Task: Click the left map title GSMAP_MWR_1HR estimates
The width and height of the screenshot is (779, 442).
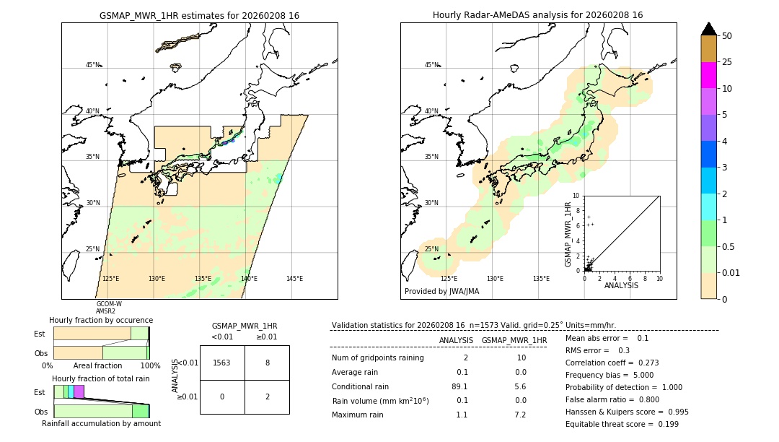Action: [x=199, y=15]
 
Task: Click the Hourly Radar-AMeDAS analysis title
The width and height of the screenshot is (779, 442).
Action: [x=537, y=15]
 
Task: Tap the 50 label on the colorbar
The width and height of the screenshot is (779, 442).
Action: [x=727, y=36]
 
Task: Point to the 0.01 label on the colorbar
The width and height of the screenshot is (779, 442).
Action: [x=731, y=273]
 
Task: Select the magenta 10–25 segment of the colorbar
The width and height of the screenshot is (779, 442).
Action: [x=708, y=75]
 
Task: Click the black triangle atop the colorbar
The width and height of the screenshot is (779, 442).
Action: [x=708, y=29]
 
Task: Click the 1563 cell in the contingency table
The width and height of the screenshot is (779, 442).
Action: [x=222, y=363]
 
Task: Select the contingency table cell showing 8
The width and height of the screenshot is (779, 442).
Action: [x=267, y=363]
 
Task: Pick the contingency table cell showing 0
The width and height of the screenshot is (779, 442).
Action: [x=222, y=396]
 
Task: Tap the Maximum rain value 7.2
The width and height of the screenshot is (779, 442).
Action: [x=520, y=415]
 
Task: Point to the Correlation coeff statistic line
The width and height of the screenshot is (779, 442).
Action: [x=612, y=363]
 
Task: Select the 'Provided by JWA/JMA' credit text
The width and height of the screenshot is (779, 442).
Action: [x=441, y=292]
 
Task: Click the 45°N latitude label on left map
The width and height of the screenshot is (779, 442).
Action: [x=92, y=65]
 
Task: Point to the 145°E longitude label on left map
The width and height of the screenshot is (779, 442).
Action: [x=294, y=279]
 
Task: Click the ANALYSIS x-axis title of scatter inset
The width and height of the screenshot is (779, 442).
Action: [x=621, y=285]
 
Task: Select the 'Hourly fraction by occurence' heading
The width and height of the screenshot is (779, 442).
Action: [x=101, y=320]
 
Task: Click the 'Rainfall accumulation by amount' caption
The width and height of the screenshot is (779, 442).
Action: [x=101, y=423]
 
